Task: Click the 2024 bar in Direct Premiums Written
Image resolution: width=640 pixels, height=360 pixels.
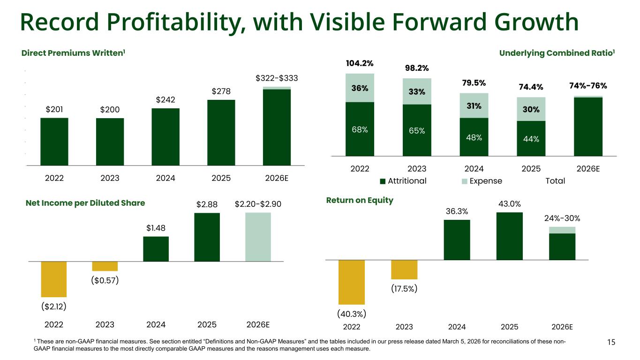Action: click(166, 136)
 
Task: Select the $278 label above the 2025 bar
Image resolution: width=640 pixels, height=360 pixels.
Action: click(221, 91)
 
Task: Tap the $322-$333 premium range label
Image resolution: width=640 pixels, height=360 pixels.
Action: click(277, 78)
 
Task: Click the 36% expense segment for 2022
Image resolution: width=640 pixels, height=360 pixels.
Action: click(360, 88)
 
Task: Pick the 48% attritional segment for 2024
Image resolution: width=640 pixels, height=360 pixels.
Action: click(474, 137)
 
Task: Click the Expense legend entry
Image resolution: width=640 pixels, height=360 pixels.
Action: click(482, 181)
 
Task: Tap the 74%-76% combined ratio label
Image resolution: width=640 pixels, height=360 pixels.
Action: click(588, 86)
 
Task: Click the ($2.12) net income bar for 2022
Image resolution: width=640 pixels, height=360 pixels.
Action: click(54, 279)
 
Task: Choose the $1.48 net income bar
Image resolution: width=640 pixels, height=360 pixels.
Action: click(156, 248)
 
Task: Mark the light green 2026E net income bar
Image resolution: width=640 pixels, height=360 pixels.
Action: click(258, 237)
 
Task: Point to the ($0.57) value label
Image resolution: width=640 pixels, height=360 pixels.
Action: click(105, 280)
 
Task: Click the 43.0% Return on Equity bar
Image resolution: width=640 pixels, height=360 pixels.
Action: click(509, 236)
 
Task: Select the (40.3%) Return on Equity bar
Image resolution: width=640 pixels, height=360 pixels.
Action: click(352, 282)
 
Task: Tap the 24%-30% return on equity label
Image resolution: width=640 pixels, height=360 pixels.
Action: click(562, 218)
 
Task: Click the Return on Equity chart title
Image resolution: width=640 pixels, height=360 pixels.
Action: click(360, 201)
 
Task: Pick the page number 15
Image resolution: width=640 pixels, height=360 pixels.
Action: click(611, 342)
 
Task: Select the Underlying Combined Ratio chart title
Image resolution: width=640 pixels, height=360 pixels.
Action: click(557, 53)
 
